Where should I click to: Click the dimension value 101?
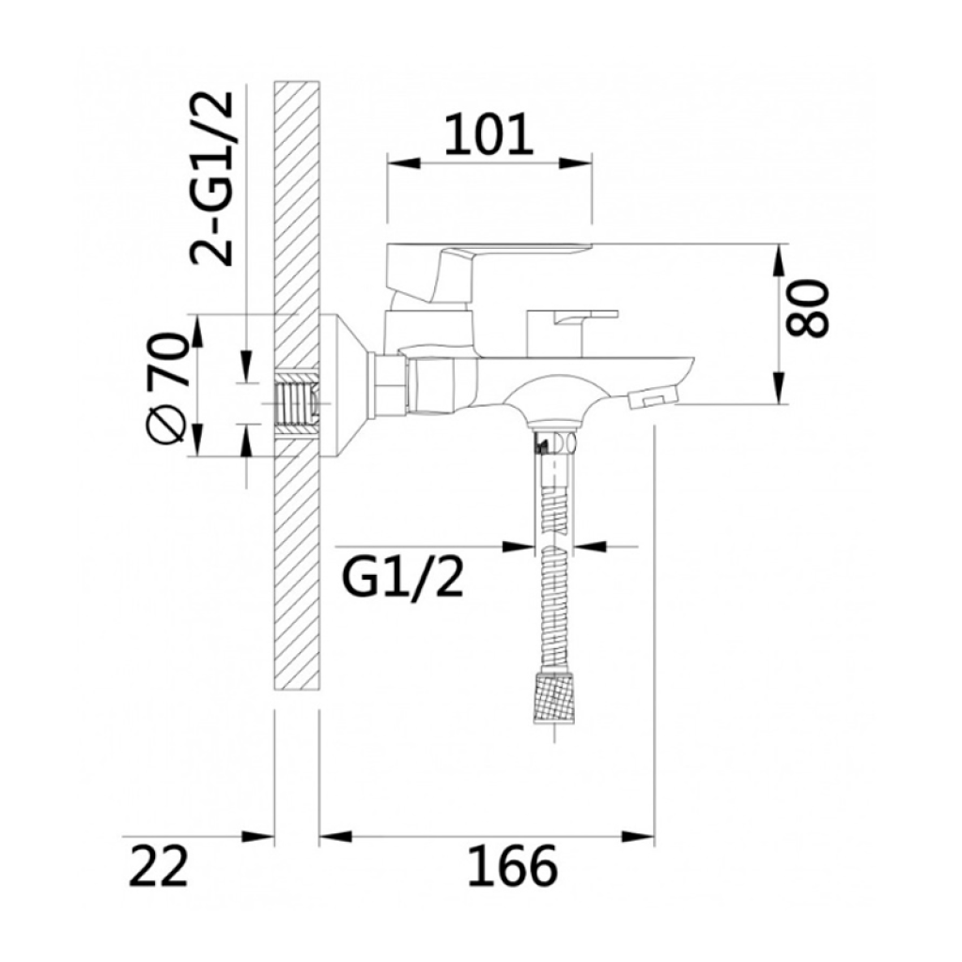(x=489, y=134)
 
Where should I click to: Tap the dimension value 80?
(x=807, y=308)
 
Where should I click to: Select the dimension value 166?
(x=513, y=865)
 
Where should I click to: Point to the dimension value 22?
(x=158, y=865)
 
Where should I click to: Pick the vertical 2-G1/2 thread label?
(x=211, y=178)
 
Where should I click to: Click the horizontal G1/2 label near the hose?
(x=402, y=578)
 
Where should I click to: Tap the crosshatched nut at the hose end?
(x=555, y=698)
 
